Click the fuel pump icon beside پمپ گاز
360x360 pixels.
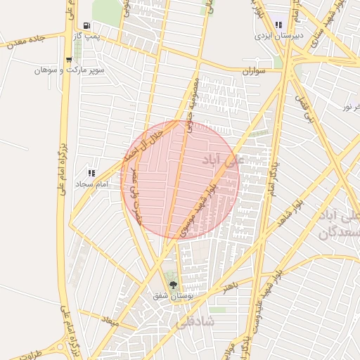coord(86,25)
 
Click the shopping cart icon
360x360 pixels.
coord(68,60)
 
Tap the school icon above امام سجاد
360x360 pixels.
coord(91,172)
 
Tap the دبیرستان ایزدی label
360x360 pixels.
coord(279,34)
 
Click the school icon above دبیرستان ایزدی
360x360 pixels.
coord(279,24)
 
